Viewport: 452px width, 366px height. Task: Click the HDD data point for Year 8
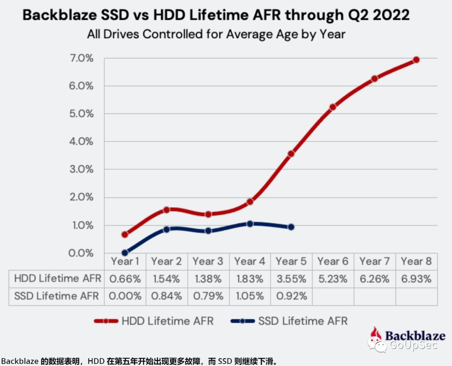pos(416,60)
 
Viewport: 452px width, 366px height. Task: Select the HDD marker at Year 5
pos(291,154)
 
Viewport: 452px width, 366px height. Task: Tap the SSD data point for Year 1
pos(125,253)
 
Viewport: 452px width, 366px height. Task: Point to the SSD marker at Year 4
pos(250,224)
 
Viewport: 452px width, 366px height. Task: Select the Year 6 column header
pos(333,262)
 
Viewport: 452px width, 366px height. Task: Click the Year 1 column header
pos(125,262)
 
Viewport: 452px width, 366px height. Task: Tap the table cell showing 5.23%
pos(333,279)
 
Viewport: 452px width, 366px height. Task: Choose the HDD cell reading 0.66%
pos(125,279)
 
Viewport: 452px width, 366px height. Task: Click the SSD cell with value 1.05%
pos(250,296)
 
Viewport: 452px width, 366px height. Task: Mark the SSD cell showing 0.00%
pos(125,296)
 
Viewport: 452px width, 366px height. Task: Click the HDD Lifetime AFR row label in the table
pos(57,279)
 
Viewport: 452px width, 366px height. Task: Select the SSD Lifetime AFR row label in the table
pos(56,296)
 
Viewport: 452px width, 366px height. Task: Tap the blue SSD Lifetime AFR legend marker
pos(242,321)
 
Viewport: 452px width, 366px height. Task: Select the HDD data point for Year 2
pos(166,210)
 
